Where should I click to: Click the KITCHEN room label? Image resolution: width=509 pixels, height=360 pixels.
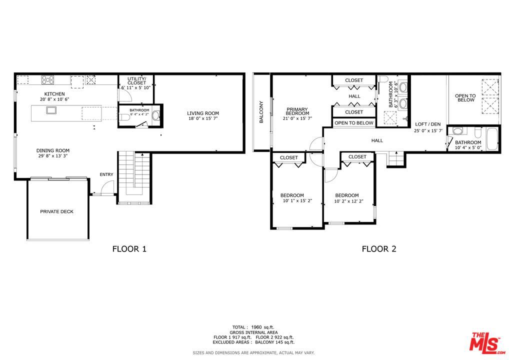[x=54, y=94]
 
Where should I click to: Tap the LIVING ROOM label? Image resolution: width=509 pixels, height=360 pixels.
[x=203, y=113]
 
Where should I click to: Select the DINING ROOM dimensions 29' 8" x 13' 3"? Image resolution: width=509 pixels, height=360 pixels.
[x=53, y=156]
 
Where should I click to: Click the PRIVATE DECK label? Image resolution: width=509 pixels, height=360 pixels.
[x=57, y=211]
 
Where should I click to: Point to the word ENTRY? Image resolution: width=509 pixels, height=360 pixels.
[x=106, y=174]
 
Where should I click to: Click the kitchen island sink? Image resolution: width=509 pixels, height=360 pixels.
[x=51, y=110]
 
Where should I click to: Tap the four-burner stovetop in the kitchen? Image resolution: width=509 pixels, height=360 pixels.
[x=47, y=80]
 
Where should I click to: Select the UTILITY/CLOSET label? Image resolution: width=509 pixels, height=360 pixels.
[x=136, y=81]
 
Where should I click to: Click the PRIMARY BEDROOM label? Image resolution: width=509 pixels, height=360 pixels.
[x=297, y=111]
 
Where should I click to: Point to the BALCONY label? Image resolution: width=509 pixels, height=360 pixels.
[x=261, y=112]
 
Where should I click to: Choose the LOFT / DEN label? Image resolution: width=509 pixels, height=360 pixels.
[x=428, y=124]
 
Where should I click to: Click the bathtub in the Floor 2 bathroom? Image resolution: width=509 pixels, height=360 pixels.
[x=492, y=139]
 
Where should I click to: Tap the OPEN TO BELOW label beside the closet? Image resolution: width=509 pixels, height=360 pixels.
[x=354, y=123]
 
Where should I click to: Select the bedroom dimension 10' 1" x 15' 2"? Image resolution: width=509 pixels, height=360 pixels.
[x=297, y=201]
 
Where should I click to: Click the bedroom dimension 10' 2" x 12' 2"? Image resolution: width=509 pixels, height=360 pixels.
[x=348, y=201]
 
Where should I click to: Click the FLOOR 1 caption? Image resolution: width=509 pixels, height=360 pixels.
[x=129, y=249]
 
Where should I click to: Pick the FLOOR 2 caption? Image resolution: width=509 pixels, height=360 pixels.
[x=379, y=249]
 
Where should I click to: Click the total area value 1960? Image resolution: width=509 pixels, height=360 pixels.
[x=256, y=327]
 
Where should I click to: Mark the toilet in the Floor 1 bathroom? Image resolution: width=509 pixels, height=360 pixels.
[x=123, y=117]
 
